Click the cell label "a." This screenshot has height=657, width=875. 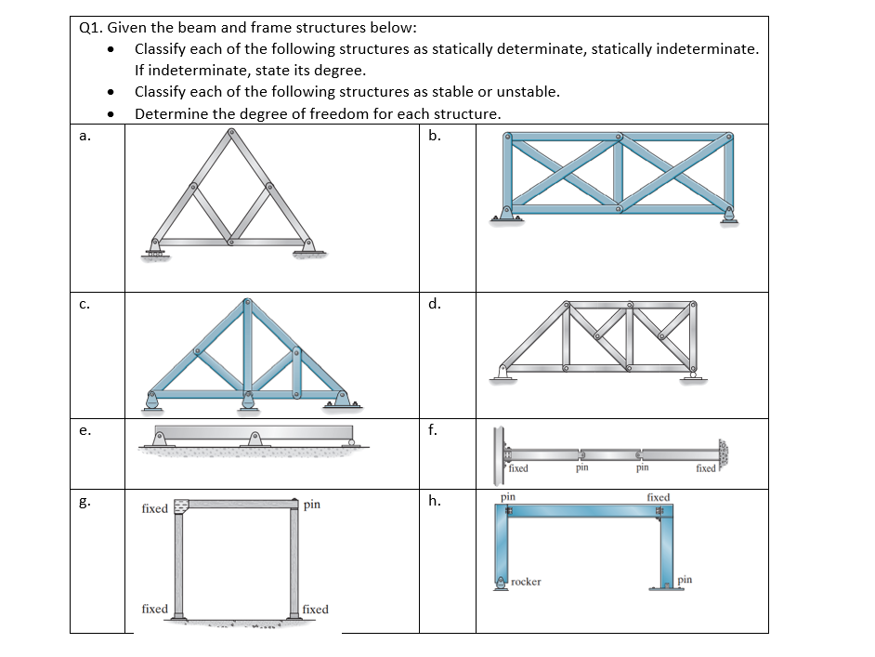[85, 137]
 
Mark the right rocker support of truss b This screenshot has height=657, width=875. [728, 216]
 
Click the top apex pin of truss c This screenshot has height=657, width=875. [246, 303]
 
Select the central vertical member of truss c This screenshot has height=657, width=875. [246, 348]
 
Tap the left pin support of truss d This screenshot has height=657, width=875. [503, 373]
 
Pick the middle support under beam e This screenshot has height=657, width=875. [253, 441]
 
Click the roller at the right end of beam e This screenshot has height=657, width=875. [350, 442]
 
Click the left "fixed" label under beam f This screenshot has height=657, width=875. [518, 469]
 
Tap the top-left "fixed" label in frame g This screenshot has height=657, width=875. [154, 508]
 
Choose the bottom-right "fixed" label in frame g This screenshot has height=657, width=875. [315, 610]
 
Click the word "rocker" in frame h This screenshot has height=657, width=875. [526, 582]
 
